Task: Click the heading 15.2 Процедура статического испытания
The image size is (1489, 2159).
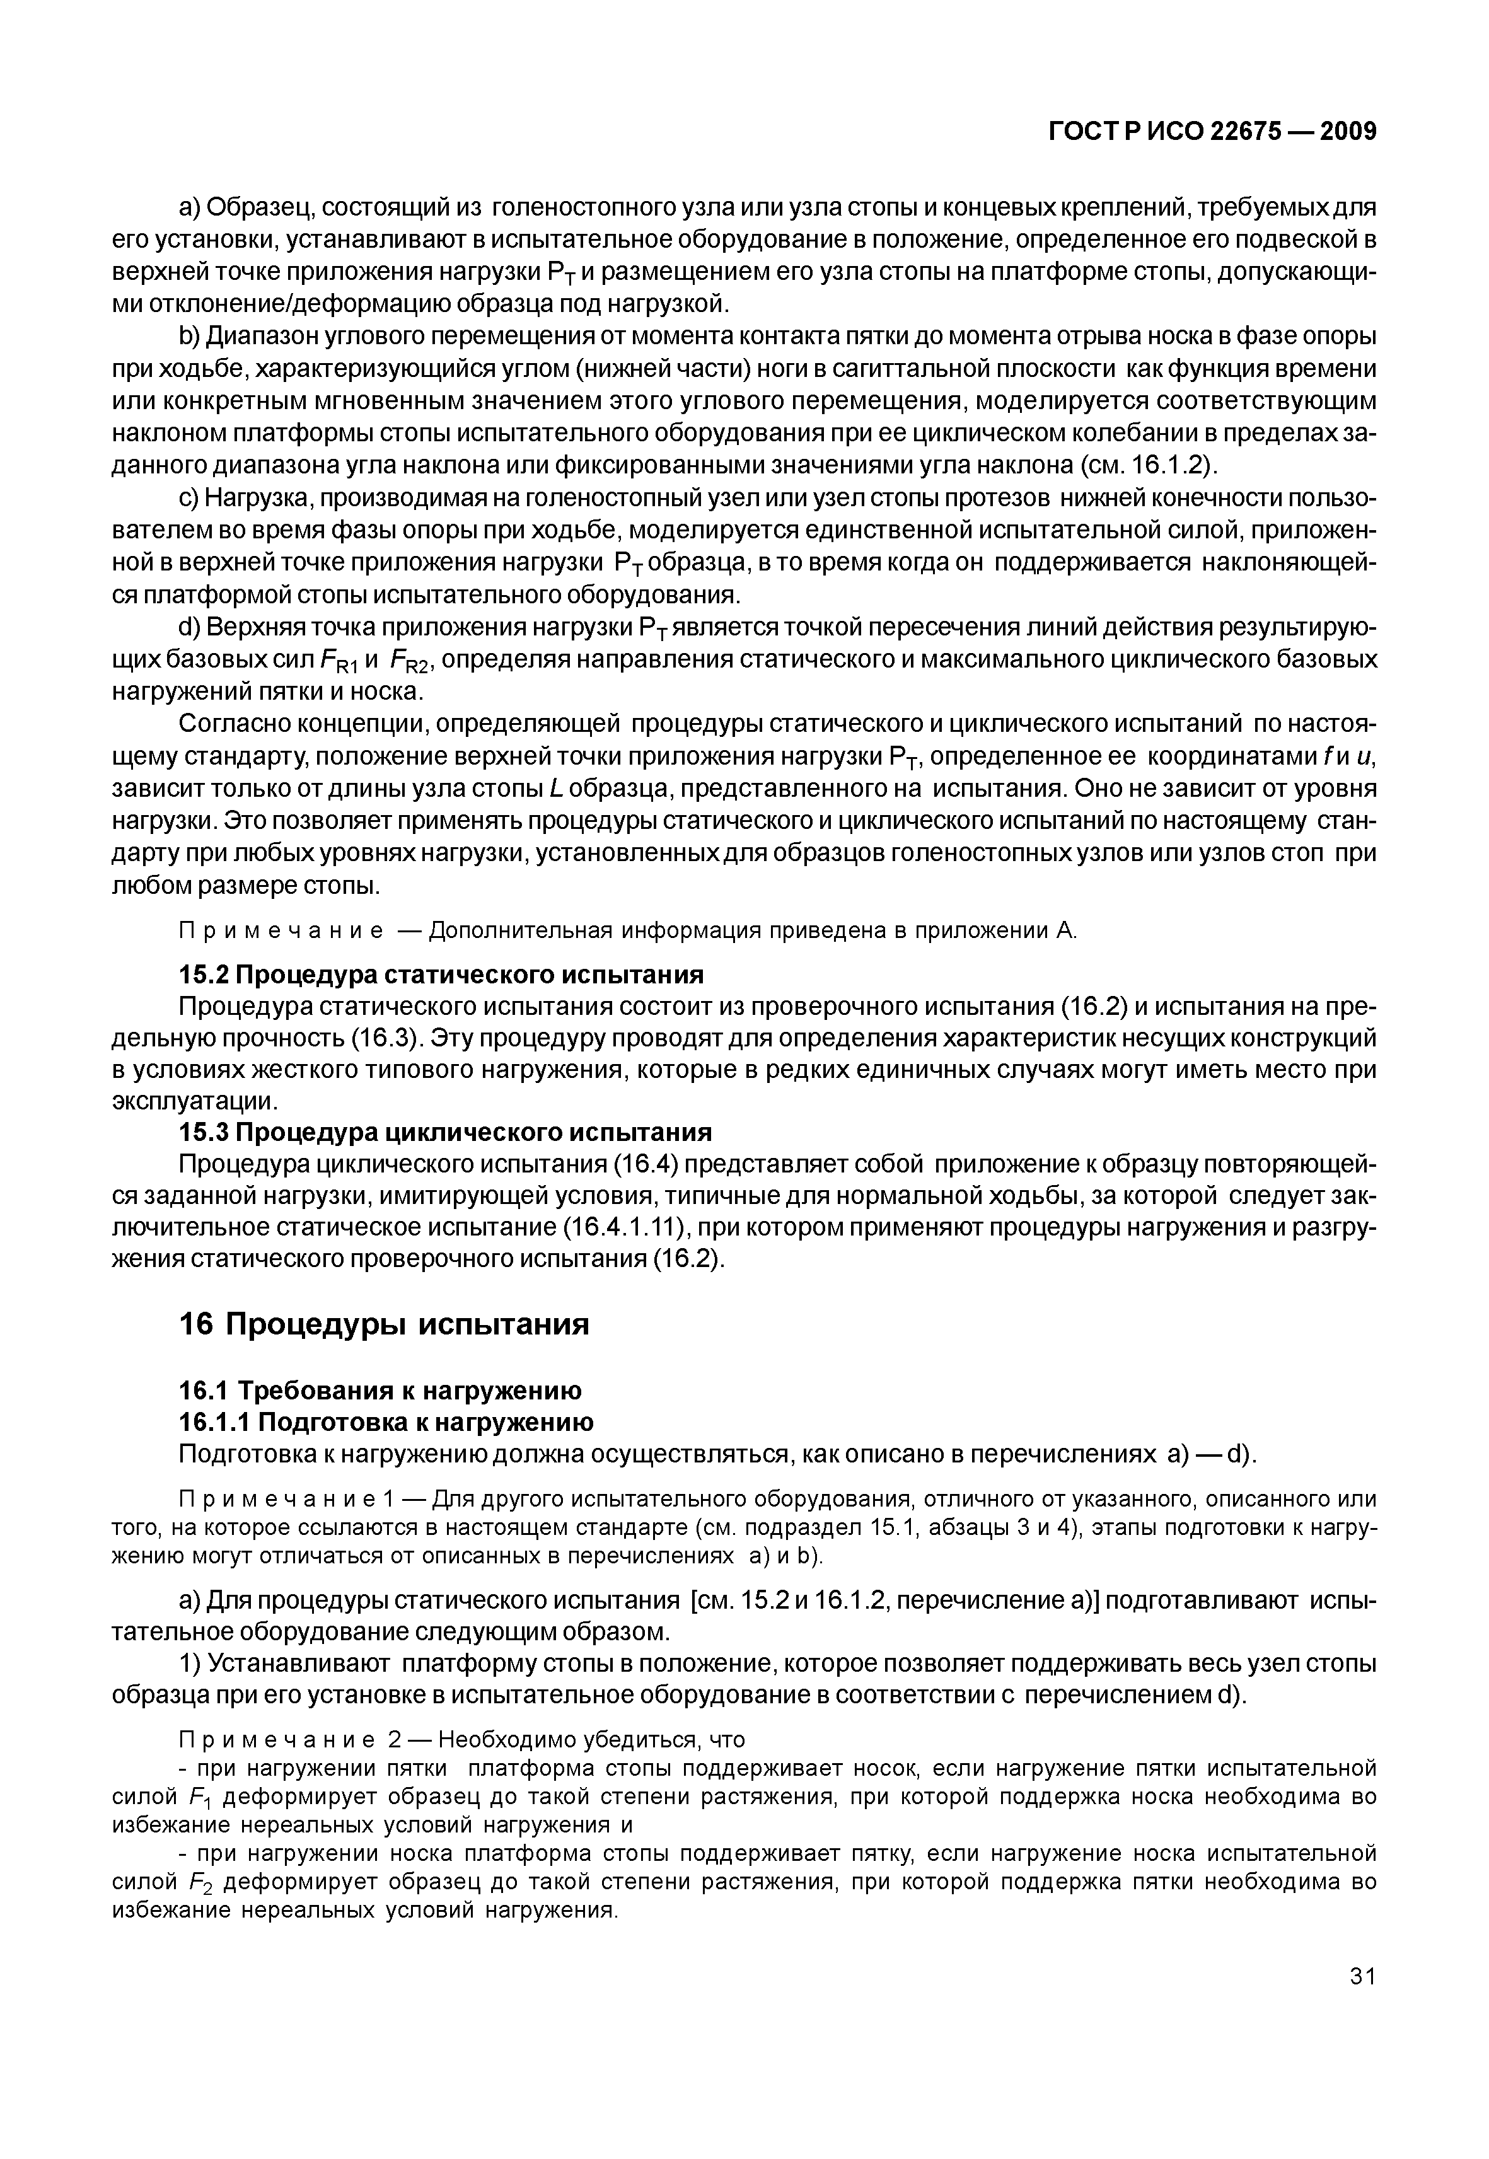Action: click(441, 975)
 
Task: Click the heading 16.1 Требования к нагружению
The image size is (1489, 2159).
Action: click(379, 1390)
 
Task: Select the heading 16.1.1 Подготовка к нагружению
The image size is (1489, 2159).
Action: click(385, 1422)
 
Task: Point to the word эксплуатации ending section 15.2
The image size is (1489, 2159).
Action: click(195, 1102)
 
